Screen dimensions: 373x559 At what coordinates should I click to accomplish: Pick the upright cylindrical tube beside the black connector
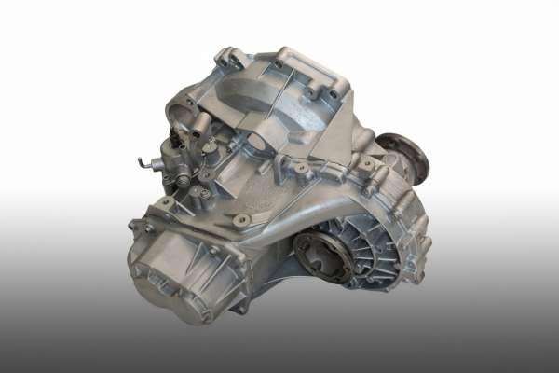(x=198, y=126)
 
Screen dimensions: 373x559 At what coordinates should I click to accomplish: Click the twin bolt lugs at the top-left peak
(x=227, y=58)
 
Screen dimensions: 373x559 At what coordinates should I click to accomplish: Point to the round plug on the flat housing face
(x=241, y=220)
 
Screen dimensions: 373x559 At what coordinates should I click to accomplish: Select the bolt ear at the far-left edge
(x=136, y=226)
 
